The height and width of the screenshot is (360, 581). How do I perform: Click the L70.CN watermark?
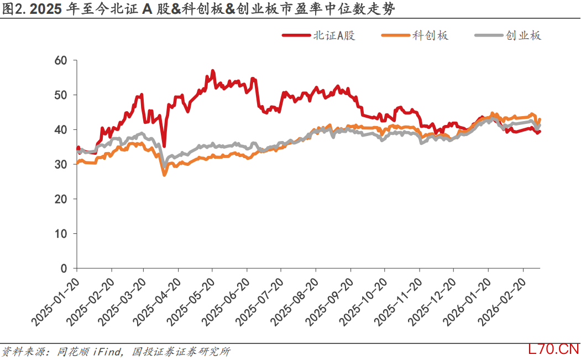[x=553, y=349]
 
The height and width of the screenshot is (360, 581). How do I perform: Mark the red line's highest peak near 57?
[x=212, y=71]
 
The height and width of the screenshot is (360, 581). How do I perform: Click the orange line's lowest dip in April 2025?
[x=164, y=175]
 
